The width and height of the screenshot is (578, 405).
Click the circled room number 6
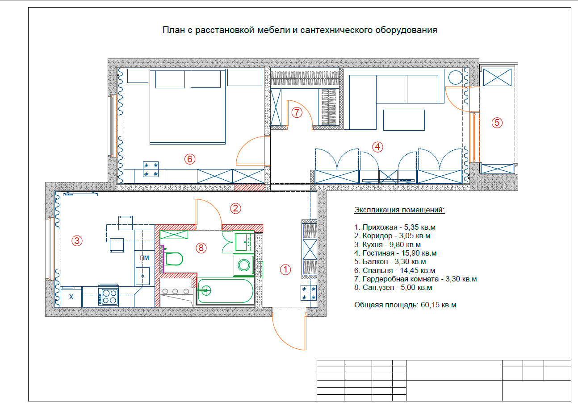(190, 159)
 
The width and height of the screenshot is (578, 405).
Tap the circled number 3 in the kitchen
(77, 240)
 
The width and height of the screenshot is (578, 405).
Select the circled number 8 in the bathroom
(201, 248)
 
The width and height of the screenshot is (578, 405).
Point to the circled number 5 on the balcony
(497, 122)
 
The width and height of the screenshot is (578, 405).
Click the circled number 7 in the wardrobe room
(297, 112)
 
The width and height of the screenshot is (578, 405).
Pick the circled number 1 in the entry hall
(285, 269)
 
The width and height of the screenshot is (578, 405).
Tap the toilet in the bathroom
(173, 258)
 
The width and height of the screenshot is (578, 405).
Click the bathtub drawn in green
(225, 291)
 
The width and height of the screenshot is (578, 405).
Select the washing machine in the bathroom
(244, 265)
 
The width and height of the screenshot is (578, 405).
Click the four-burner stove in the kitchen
(109, 295)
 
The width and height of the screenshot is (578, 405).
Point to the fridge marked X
(71, 297)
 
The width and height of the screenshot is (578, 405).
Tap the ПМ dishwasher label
(145, 258)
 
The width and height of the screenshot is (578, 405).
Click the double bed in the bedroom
(188, 106)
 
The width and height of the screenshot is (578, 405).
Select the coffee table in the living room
(404, 120)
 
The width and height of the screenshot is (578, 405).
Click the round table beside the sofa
(456, 77)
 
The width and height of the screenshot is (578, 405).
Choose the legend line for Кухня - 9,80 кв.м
(387, 244)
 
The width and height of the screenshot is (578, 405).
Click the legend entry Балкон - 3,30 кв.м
(390, 261)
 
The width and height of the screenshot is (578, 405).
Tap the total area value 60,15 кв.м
(438, 305)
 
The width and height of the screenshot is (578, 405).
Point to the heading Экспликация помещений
(399, 210)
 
